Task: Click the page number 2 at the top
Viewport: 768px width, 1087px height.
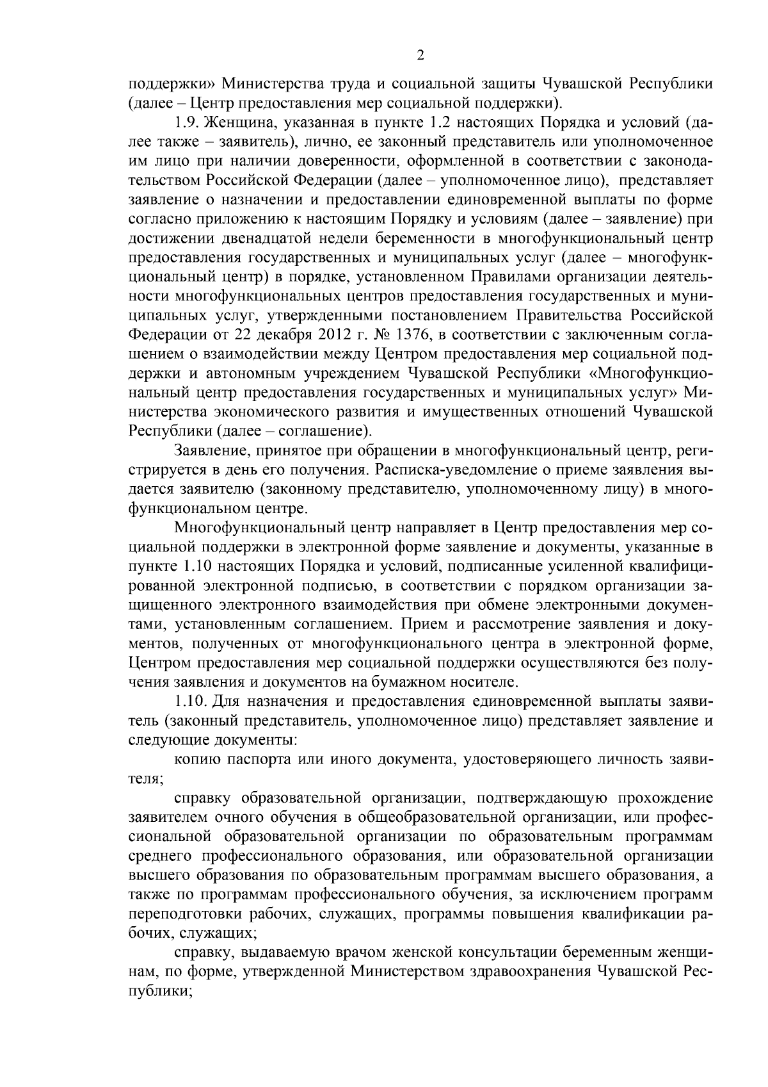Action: [x=420, y=56]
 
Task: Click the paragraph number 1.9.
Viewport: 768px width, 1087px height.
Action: [x=186, y=121]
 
